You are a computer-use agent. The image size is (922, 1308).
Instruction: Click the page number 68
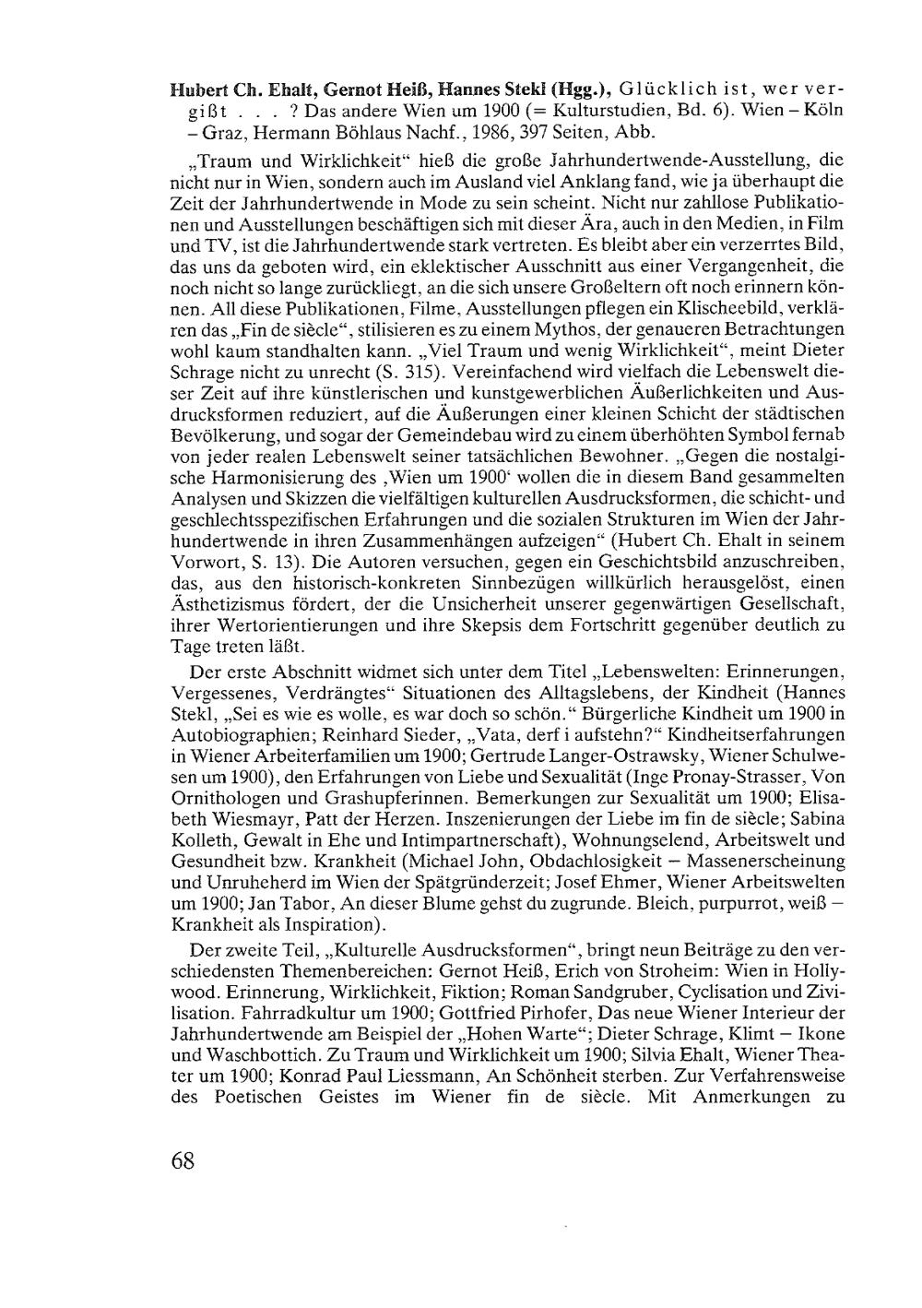(183, 1160)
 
